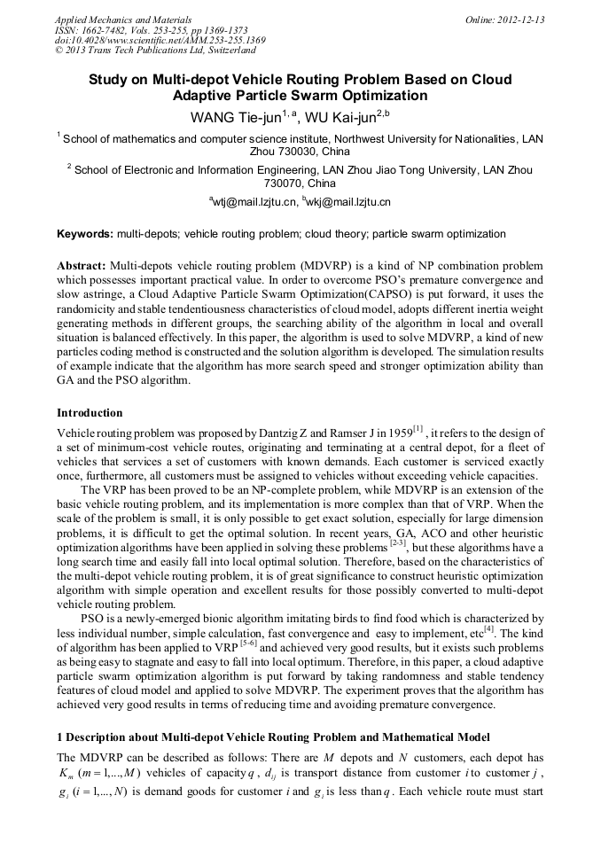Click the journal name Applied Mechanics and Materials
tap(123, 19)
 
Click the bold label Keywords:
tap(85, 234)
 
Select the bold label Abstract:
tap(82, 266)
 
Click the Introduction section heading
tap(90, 412)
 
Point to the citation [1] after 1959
tap(421, 429)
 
